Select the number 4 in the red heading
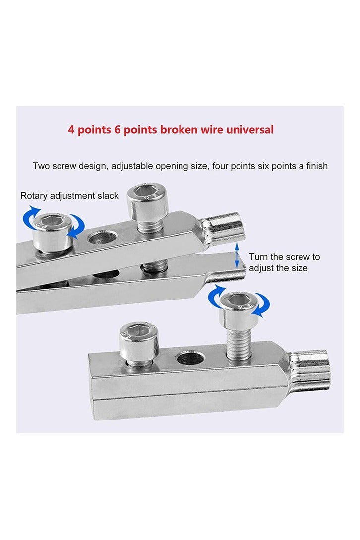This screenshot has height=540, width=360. pos(71,130)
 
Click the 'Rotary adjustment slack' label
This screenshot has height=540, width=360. pos(69,196)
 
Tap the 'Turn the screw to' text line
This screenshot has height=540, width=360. pos(284,257)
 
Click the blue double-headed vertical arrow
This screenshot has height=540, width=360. pos(237,255)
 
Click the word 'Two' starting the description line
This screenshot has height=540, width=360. pos(41,166)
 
